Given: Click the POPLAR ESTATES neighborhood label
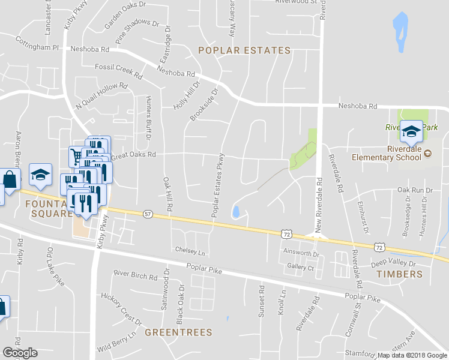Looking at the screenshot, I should (x=244, y=50).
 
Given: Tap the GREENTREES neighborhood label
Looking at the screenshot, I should (x=179, y=331).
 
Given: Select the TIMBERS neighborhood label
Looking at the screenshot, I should (x=399, y=274).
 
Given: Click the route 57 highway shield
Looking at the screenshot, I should (x=148, y=214).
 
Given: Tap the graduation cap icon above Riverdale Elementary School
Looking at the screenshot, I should (x=412, y=131).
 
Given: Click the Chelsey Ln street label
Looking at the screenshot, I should (x=190, y=250).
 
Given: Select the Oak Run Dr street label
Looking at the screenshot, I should (x=415, y=190).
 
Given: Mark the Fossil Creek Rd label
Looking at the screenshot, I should (x=118, y=71).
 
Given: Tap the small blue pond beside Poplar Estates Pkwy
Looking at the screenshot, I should (x=235, y=211).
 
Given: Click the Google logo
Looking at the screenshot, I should (x=20, y=353).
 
